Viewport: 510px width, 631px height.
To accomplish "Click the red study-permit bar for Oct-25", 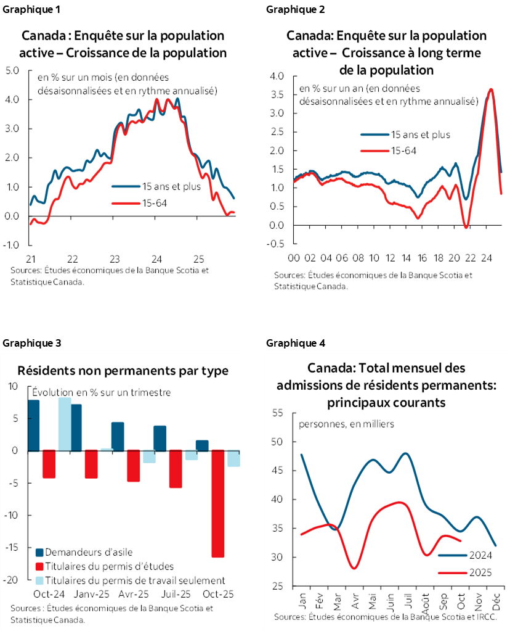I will point(218,503).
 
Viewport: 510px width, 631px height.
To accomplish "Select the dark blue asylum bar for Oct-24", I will point(34,426).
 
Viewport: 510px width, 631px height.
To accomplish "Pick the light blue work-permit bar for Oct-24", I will point(64,424).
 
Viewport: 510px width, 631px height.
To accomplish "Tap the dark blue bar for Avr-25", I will point(118,436).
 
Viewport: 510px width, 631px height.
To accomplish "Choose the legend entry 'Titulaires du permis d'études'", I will point(104,566).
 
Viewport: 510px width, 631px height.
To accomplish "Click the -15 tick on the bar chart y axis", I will point(12,547).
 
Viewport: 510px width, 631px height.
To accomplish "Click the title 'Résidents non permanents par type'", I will point(123,371).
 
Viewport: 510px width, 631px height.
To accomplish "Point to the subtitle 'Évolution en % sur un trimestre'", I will point(101,392).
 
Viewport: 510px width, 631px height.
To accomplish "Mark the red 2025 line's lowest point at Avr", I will point(354,568).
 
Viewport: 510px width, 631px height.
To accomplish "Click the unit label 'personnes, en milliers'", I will point(346,424).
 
